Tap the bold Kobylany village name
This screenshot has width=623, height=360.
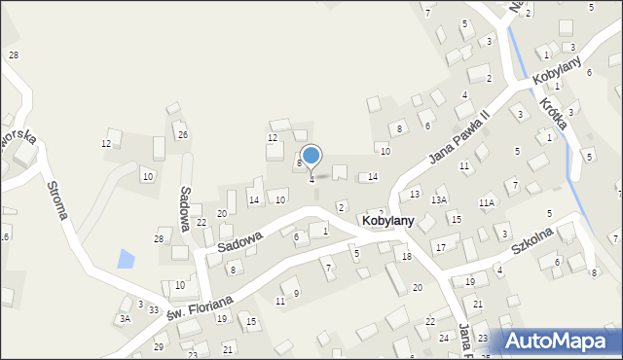tap(387, 222)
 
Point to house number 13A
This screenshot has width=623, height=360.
tap(440, 200)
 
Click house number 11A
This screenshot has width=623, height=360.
tap(487, 202)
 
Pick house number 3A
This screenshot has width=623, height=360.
tap(125, 318)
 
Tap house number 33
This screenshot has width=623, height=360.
tap(154, 309)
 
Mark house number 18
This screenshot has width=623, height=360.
tap(407, 256)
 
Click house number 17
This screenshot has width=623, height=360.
tap(440, 248)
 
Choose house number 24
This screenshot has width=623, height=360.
tap(443, 339)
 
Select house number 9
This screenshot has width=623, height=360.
tap(296, 293)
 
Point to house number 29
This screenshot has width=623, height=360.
tap(159, 346)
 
